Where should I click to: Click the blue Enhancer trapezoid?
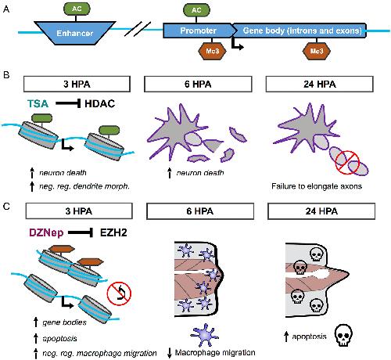pyautogui.click(x=75, y=33)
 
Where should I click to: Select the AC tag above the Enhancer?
pyautogui.click(x=77, y=9)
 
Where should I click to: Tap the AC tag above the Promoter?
pyautogui.click(x=196, y=10)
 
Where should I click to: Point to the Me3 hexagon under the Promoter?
pyautogui.click(x=212, y=51)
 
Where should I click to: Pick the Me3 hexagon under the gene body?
pyautogui.click(x=317, y=51)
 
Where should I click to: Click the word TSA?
pyautogui.click(x=38, y=103)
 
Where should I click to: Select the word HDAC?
pyautogui.click(x=100, y=103)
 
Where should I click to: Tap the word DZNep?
pyautogui.click(x=46, y=232)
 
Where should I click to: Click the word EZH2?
pyautogui.click(x=113, y=232)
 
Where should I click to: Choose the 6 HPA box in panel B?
pyautogui.click(x=198, y=84)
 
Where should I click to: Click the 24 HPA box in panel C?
pyautogui.click(x=321, y=211)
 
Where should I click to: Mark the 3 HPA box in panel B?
pyautogui.click(x=77, y=84)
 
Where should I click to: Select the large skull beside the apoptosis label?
pyautogui.click(x=343, y=335)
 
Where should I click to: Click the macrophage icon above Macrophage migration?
pyautogui.click(x=205, y=335)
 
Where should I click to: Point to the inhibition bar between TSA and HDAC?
pyautogui.click(x=68, y=103)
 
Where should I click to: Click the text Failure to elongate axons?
pyautogui.click(x=317, y=186)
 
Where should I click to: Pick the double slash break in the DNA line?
pyautogui.click(x=138, y=29)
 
